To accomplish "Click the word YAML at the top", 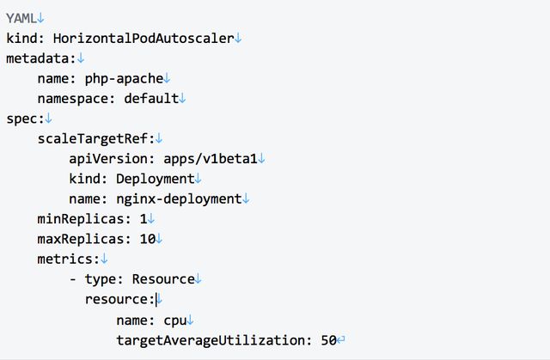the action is point(21,18).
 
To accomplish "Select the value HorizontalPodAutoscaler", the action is point(144,38).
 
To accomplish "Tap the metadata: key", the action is point(41,58).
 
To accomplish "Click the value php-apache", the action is point(124,79).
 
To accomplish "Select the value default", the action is point(151,99).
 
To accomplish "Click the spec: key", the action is point(25,119).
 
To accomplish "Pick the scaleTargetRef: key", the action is point(96,139).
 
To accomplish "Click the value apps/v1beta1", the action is point(211,159).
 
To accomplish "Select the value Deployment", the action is point(156,179).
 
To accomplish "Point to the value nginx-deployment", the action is point(179,199).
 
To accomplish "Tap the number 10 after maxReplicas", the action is point(148,239).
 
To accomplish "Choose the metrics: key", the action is point(69,259).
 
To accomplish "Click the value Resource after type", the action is point(163,279).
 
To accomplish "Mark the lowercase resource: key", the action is point(120,299).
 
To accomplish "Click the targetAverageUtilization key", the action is point(210,340).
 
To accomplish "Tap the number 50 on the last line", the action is point(328,340).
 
